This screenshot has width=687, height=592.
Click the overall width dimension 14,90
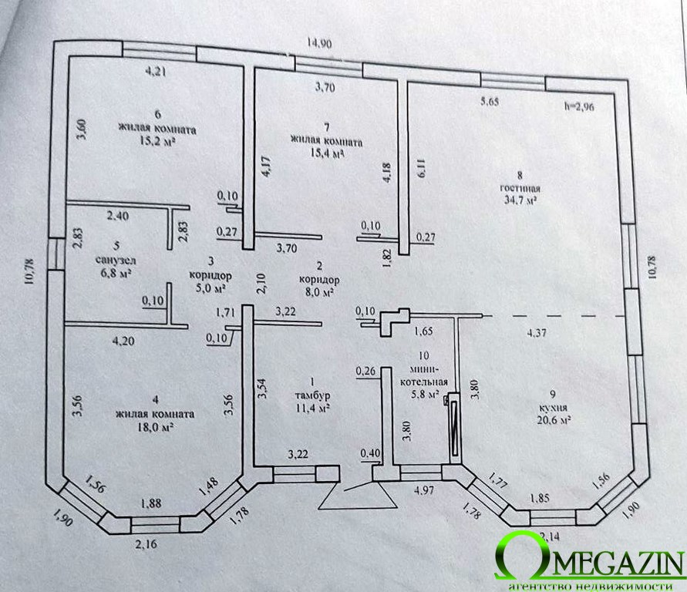pyautogui.click(x=319, y=43)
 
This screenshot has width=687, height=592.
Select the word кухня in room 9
pyautogui.click(x=553, y=408)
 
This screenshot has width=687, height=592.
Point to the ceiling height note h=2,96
pyautogui.click(x=579, y=106)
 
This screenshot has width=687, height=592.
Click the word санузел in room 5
pyautogui.click(x=116, y=261)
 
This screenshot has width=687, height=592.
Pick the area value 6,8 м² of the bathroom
pyautogui.click(x=116, y=273)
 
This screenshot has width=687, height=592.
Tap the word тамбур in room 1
pyautogui.click(x=312, y=395)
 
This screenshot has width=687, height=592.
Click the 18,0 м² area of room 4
pyautogui.click(x=155, y=427)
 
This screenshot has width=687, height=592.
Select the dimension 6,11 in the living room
pyautogui.click(x=422, y=169)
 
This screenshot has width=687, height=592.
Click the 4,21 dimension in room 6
pyautogui.click(x=156, y=71)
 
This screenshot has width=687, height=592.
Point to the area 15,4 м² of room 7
pyautogui.click(x=326, y=153)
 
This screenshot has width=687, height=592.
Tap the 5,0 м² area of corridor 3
pyautogui.click(x=210, y=288)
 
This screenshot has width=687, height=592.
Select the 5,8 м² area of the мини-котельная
pyautogui.click(x=424, y=394)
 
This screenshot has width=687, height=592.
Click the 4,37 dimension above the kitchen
pyautogui.click(x=537, y=333)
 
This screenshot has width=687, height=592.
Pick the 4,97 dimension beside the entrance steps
pyautogui.click(x=423, y=490)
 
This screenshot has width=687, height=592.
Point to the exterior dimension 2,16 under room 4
pyautogui.click(x=146, y=544)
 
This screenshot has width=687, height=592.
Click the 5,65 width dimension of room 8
pyautogui.click(x=490, y=102)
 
